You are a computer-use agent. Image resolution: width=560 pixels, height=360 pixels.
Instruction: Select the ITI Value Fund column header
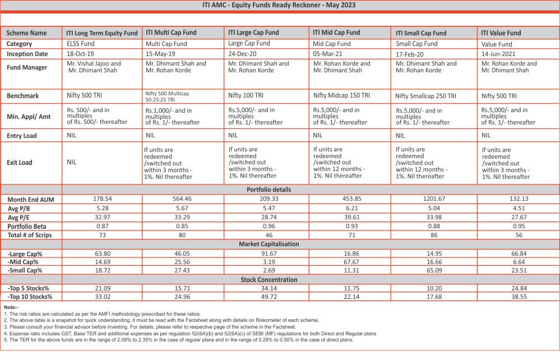click(x=501, y=33)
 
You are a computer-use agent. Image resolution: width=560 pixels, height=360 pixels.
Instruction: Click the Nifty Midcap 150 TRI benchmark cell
click(x=341, y=96)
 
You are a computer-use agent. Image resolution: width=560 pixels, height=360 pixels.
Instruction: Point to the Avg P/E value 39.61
click(x=350, y=217)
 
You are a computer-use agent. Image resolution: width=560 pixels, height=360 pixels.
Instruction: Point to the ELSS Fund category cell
click(x=80, y=44)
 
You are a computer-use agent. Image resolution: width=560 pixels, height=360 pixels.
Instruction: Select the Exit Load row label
click(x=20, y=163)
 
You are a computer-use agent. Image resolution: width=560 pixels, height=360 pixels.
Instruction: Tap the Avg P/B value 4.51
click(x=518, y=208)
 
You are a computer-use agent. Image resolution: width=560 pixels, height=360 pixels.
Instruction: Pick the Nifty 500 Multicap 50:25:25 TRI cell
click(x=168, y=96)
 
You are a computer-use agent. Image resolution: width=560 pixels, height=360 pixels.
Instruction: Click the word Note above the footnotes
click(x=11, y=308)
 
